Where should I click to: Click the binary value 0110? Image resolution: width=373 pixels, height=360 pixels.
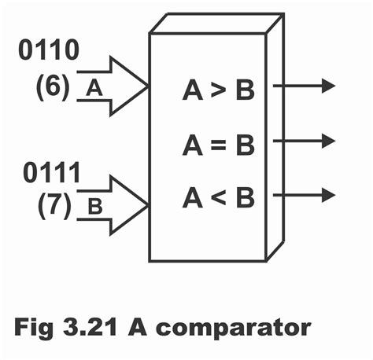pyautogui.click(x=48, y=51)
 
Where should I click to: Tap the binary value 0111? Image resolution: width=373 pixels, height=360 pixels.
pyautogui.click(x=49, y=173)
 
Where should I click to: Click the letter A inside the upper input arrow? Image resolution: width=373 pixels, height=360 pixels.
pyautogui.click(x=94, y=88)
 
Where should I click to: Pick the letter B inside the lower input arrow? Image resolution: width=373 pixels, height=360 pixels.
pyautogui.click(x=94, y=208)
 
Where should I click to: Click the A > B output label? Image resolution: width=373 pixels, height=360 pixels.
pyautogui.click(x=218, y=91)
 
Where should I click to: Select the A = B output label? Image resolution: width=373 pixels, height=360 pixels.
pyautogui.click(x=218, y=145)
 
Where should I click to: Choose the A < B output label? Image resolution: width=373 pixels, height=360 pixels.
pyautogui.click(x=218, y=197)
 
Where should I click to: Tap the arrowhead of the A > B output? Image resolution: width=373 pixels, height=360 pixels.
pyautogui.click(x=328, y=86)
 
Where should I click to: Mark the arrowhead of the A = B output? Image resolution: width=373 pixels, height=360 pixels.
pyautogui.click(x=328, y=141)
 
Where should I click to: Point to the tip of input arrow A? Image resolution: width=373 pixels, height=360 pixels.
pyautogui.click(x=146, y=86)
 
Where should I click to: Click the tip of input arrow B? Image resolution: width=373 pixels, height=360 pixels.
pyautogui.click(x=146, y=205)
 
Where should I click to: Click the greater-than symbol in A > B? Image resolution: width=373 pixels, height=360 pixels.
pyautogui.click(x=219, y=92)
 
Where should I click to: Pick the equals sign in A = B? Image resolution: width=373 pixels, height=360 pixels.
pyautogui.click(x=219, y=145)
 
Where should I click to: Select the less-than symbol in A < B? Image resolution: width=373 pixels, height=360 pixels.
pyautogui.click(x=219, y=197)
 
